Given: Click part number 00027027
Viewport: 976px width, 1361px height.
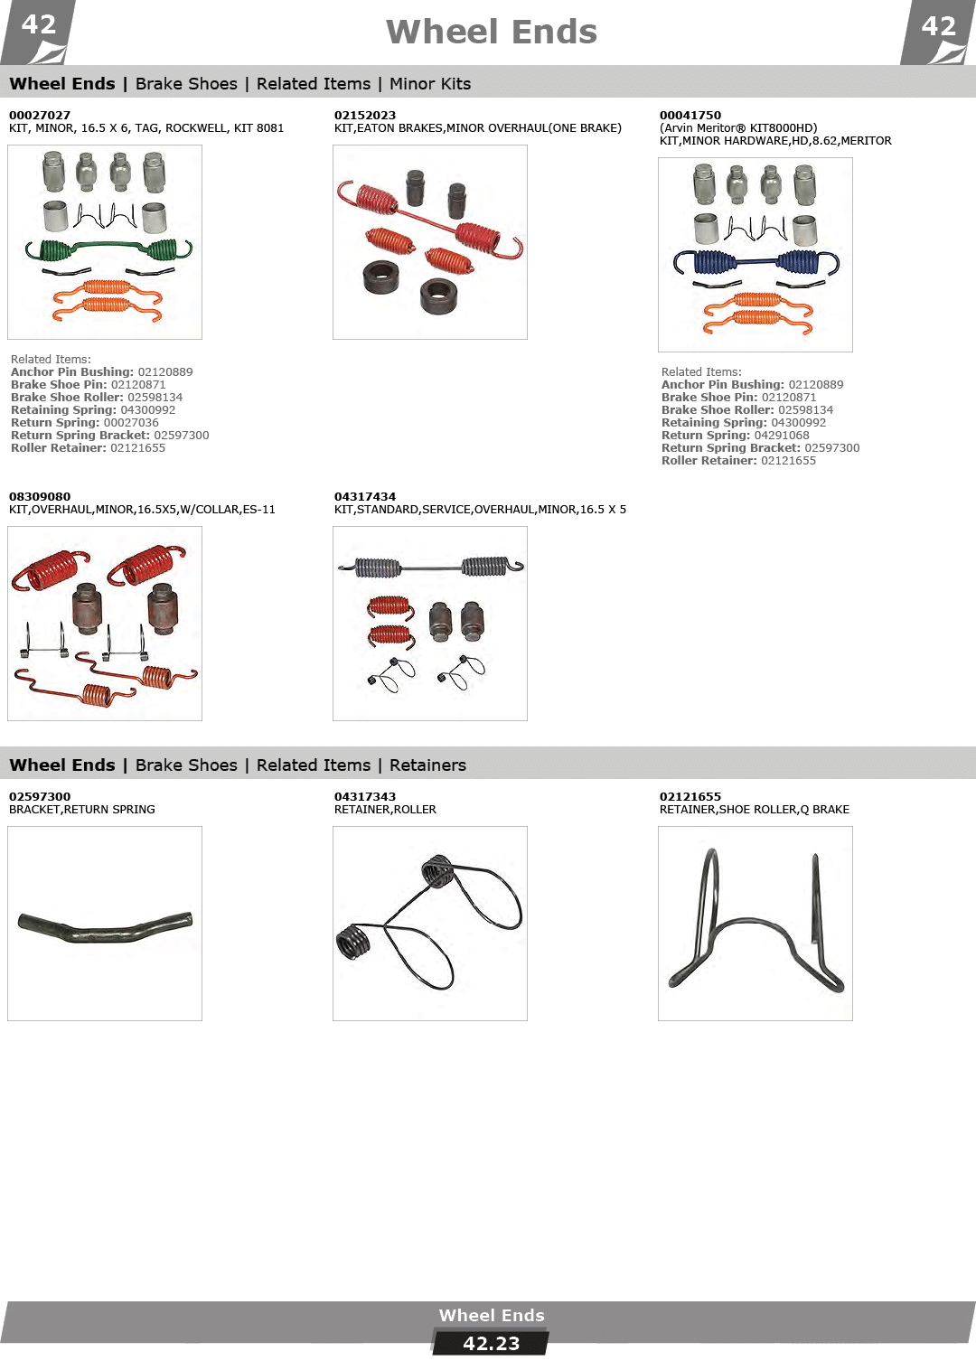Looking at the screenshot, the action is [x=40, y=116].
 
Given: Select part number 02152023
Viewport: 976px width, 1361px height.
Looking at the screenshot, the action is [x=364, y=116].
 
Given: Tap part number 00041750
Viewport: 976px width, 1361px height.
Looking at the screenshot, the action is [x=690, y=116].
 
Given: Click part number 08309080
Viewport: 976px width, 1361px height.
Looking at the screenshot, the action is [x=40, y=496].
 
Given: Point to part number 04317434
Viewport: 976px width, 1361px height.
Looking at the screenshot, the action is [x=364, y=496].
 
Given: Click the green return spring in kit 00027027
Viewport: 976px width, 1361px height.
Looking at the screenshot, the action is [x=108, y=248].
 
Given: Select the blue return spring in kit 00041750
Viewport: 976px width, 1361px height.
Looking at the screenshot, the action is [x=756, y=262].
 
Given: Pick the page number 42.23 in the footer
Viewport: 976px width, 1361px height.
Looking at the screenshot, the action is [x=491, y=1344].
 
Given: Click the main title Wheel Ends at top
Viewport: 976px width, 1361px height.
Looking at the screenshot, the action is [x=491, y=32].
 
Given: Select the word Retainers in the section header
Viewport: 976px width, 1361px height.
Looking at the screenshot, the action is [x=427, y=765].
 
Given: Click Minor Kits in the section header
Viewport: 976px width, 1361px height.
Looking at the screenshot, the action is [x=430, y=84].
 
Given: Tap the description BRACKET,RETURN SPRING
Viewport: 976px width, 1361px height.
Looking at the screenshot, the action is [x=82, y=810].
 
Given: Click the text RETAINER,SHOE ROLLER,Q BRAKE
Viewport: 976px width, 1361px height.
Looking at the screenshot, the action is [x=755, y=810].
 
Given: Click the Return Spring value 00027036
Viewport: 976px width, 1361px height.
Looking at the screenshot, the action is [x=131, y=422].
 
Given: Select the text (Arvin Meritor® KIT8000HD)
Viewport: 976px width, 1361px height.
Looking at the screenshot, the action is [x=738, y=128].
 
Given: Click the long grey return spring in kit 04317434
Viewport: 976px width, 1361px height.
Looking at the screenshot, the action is [x=430, y=568].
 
